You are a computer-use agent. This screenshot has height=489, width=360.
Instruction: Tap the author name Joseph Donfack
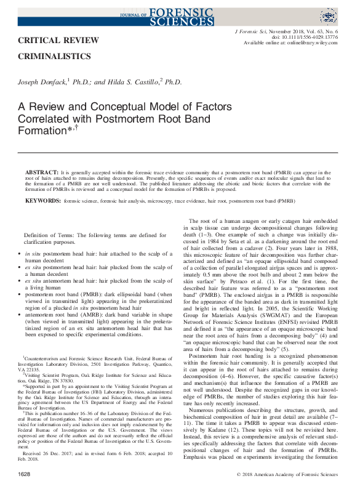pos(46,81)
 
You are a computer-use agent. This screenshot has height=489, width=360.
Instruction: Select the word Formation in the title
pos(46,132)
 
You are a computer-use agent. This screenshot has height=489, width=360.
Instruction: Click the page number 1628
pos(25,475)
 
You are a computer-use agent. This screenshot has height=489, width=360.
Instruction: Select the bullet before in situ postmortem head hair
pos(26,254)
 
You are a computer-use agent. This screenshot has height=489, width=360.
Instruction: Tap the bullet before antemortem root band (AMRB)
pos(26,314)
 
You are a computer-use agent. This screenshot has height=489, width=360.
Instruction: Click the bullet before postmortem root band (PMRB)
pos(26,294)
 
